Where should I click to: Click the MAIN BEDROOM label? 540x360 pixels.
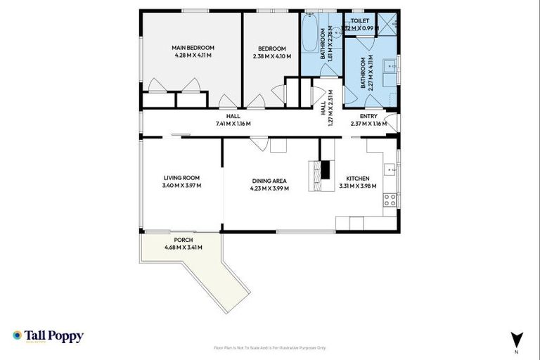(x=191, y=48)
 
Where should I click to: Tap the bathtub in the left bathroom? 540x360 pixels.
(x=309, y=34)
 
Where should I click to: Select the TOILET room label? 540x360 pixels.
(x=360, y=21)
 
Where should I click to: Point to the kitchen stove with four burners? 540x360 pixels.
(x=390, y=200)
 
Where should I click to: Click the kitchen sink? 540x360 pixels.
(x=390, y=169)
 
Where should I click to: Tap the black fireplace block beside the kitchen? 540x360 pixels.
(x=324, y=169)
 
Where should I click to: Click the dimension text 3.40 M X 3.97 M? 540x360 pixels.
(x=182, y=186)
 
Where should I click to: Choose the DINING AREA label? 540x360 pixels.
(x=269, y=181)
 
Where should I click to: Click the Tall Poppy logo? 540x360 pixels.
(x=48, y=336)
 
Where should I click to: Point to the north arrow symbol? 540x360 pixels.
(x=517, y=338)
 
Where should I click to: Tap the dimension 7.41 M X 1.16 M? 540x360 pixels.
(x=233, y=124)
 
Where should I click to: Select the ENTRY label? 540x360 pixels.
(x=368, y=116)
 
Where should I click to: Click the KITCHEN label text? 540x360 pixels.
(x=357, y=179)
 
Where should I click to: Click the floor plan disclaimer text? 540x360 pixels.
(x=270, y=347)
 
